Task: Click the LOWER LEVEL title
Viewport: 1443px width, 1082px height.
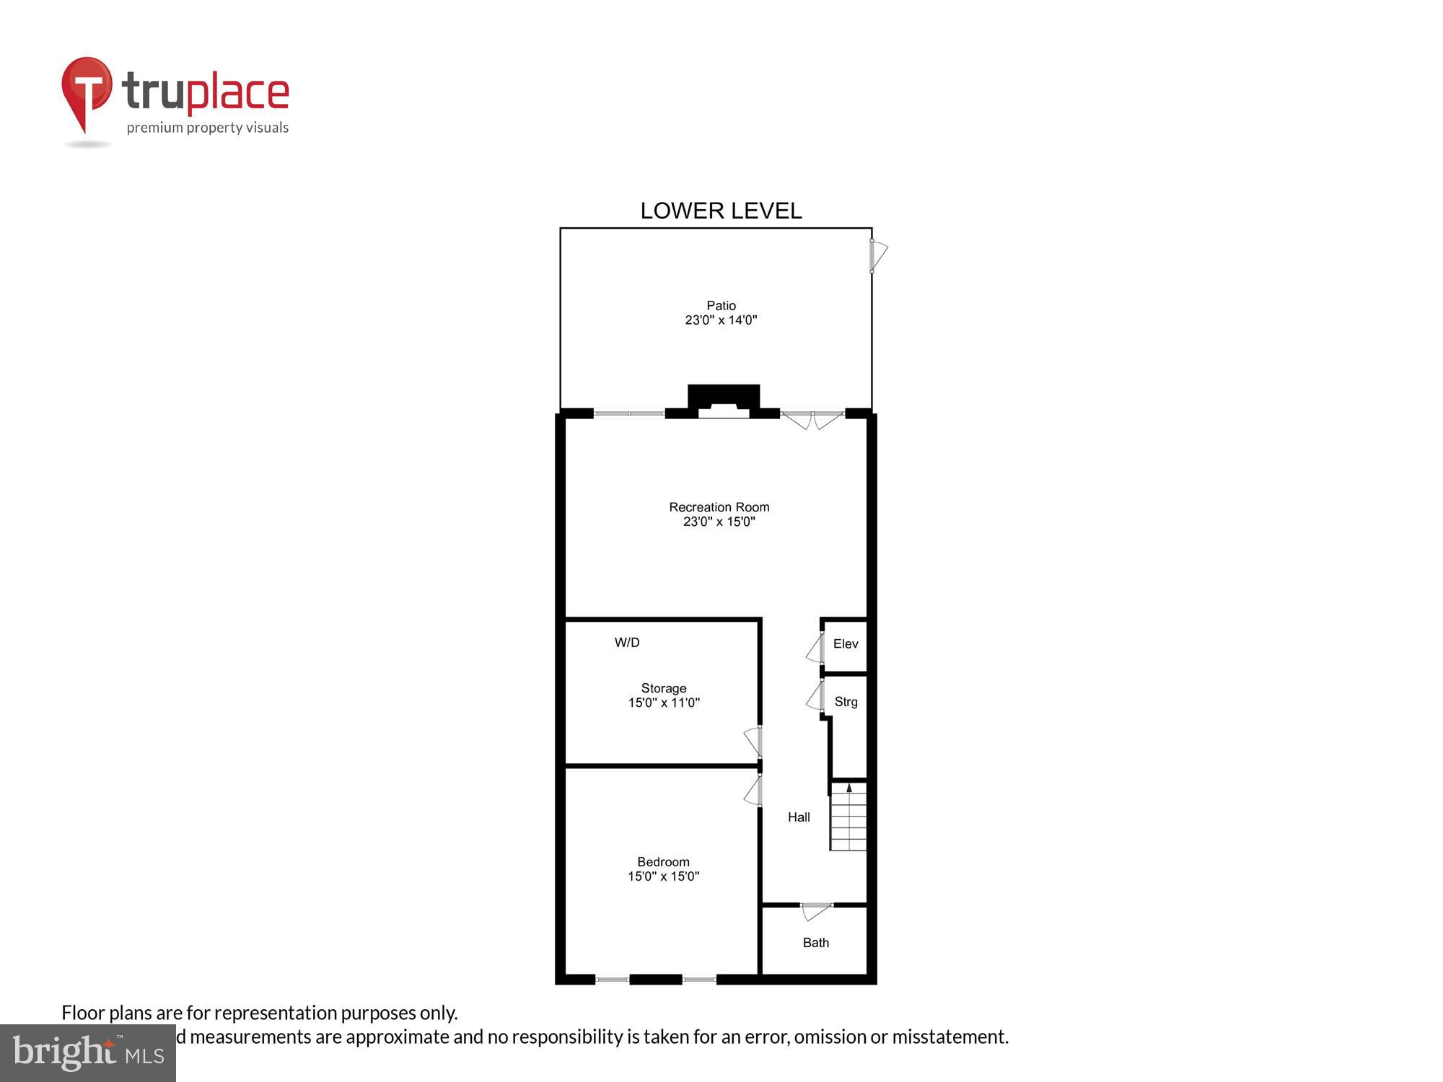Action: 721,211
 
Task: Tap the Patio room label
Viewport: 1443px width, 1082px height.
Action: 721,305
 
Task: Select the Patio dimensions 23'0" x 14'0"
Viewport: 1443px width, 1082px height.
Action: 721,320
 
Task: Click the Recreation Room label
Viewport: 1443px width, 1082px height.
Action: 719,507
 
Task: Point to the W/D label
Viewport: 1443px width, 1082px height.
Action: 627,643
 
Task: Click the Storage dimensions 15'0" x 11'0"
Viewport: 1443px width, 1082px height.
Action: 664,703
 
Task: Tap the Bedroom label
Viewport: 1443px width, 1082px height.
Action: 663,862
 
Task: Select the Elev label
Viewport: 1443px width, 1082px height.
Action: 846,644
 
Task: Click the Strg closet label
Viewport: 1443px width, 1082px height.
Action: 846,702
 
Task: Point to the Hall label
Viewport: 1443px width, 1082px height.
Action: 799,817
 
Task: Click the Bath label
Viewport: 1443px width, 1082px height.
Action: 816,943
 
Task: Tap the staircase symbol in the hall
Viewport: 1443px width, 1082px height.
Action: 848,817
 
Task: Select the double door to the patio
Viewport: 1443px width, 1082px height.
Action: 812,419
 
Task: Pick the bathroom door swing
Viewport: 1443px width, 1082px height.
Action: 815,912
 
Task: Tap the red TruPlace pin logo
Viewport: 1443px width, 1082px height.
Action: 87,91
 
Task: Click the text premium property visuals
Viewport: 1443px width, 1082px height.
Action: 208,128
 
